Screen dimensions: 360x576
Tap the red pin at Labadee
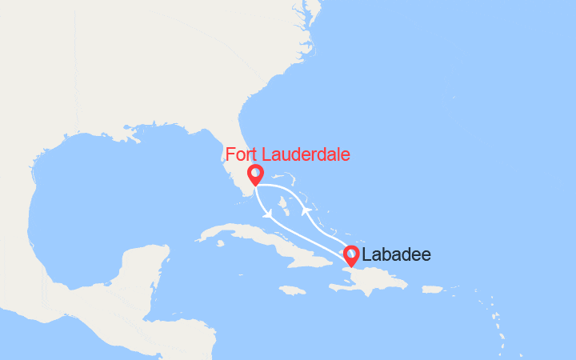pyautogui.click(x=351, y=255)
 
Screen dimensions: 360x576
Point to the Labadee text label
pyautogui.click(x=396, y=255)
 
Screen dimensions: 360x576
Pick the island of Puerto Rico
pyautogui.click(x=432, y=289)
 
